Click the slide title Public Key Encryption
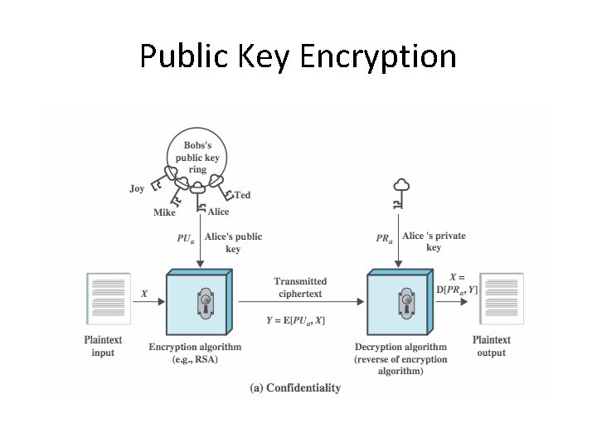[x=298, y=56]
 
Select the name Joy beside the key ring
[x=137, y=188]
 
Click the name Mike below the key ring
[x=165, y=212]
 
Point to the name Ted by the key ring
[x=242, y=195]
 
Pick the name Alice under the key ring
[x=218, y=212]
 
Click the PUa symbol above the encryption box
[x=186, y=238]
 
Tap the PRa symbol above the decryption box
[x=384, y=238]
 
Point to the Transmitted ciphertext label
[x=300, y=287]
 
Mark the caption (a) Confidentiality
[x=295, y=387]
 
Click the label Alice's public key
[x=233, y=242]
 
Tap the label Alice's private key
[x=434, y=241]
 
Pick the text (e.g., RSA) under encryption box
[x=195, y=359]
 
